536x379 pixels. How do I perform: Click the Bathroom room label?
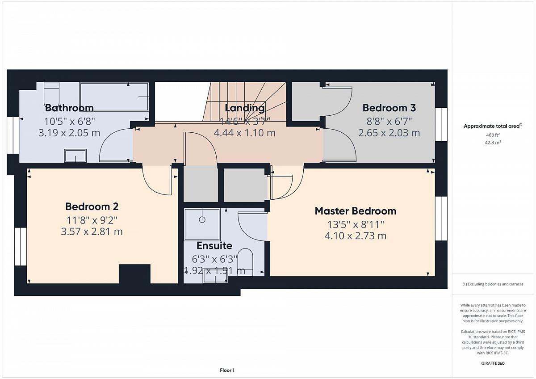tap(69, 108)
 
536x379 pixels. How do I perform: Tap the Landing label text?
tap(245, 108)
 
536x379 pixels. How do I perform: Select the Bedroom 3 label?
tap(389, 108)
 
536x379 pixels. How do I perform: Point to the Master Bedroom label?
tap(356, 211)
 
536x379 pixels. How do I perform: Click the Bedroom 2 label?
tap(92, 206)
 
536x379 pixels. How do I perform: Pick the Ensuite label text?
tap(214, 246)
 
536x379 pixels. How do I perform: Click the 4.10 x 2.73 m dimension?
tap(356, 236)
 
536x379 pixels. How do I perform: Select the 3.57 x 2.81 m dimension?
tap(92, 232)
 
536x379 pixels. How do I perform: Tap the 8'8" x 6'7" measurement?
tap(389, 122)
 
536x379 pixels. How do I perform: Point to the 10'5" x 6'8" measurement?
tap(69, 122)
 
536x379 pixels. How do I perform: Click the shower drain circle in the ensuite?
tap(202, 219)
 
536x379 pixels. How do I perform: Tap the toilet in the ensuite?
tap(246, 262)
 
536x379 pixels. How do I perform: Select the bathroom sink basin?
tap(75, 156)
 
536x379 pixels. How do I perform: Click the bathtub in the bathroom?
tap(114, 97)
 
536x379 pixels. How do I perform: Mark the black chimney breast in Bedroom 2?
tap(135, 274)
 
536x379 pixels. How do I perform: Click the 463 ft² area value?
tap(493, 135)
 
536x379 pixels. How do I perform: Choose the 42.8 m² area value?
tap(493, 143)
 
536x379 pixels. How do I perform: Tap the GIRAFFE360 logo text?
tap(493, 363)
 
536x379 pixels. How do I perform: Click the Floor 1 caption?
tap(227, 370)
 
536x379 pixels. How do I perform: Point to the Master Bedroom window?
tap(441, 219)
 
